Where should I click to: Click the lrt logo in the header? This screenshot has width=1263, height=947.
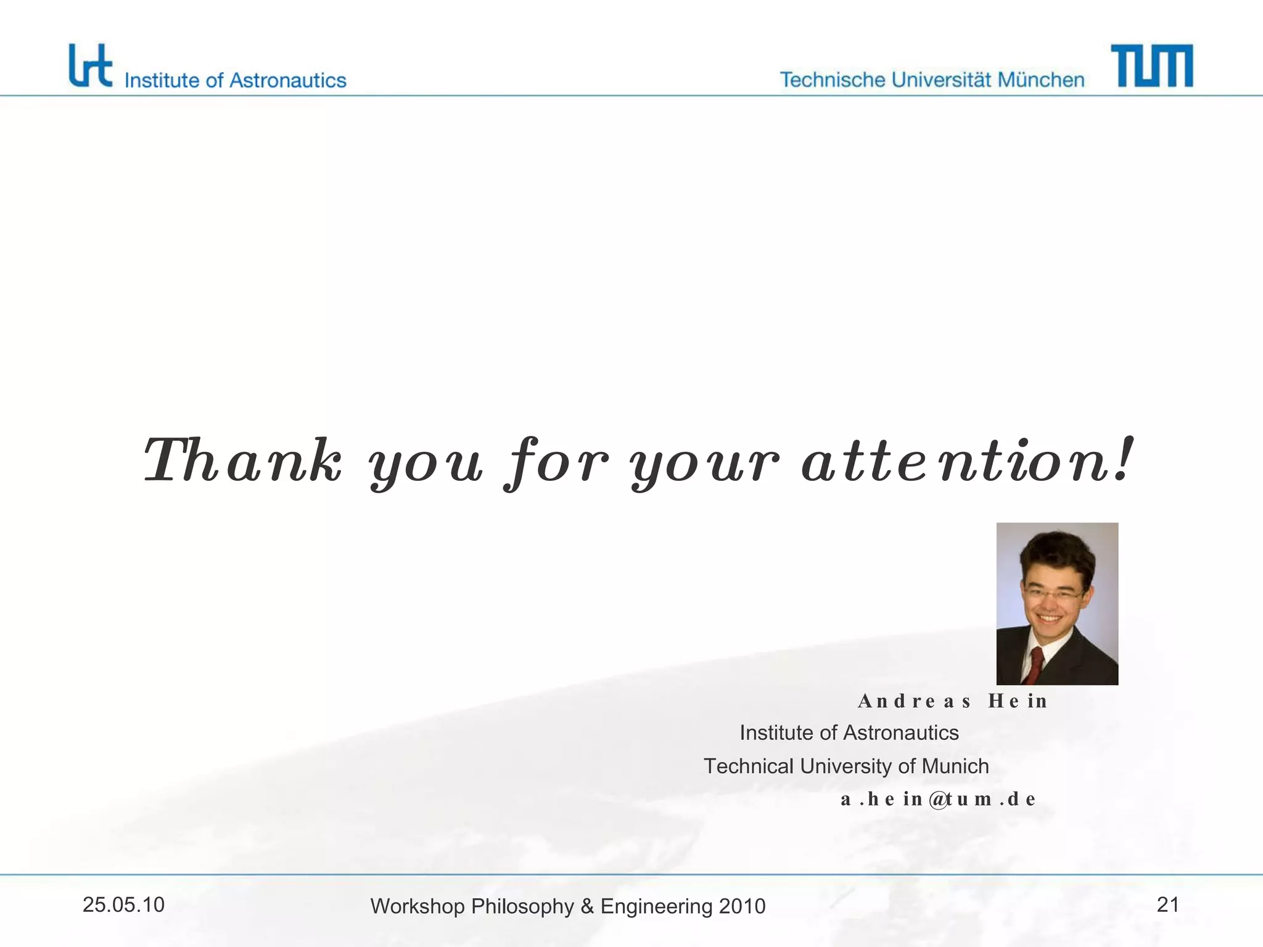coord(90,66)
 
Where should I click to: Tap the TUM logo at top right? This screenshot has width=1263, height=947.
coord(1151,66)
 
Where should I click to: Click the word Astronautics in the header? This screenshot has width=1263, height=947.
coord(287,81)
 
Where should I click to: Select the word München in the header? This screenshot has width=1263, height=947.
coord(1040,80)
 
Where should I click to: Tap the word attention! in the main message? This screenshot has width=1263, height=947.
coord(966,461)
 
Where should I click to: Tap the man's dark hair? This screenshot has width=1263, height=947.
coord(1056,552)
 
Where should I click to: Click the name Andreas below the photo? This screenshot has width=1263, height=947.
coord(914,702)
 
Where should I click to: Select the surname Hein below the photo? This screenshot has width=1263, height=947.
coord(1018,702)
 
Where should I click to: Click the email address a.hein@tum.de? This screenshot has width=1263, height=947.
coord(937,800)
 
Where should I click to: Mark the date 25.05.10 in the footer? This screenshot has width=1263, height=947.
coord(123,905)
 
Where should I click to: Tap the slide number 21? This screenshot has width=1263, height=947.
coord(1167,905)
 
